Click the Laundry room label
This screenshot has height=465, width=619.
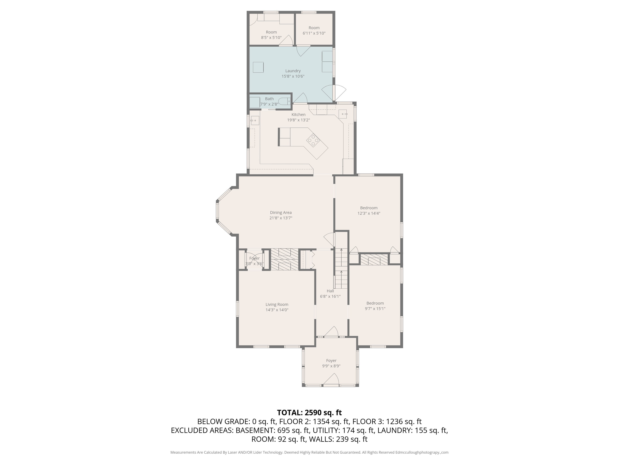tap(293, 71)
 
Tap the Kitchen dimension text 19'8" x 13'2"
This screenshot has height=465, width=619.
tap(298, 120)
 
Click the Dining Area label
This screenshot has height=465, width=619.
tap(281, 213)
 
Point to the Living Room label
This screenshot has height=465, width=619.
tap(277, 304)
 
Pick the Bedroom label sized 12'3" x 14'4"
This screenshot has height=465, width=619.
tap(369, 208)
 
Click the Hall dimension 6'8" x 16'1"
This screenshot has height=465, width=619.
tap(330, 296)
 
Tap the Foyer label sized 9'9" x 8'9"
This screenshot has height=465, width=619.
tap(331, 360)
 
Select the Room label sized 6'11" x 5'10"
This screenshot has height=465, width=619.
tap(314, 28)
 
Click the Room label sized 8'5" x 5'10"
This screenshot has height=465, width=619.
tap(271, 32)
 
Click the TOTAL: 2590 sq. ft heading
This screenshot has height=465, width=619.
tap(309, 413)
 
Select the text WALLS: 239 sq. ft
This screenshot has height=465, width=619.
tap(338, 439)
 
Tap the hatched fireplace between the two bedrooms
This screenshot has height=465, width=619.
tap(374, 260)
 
